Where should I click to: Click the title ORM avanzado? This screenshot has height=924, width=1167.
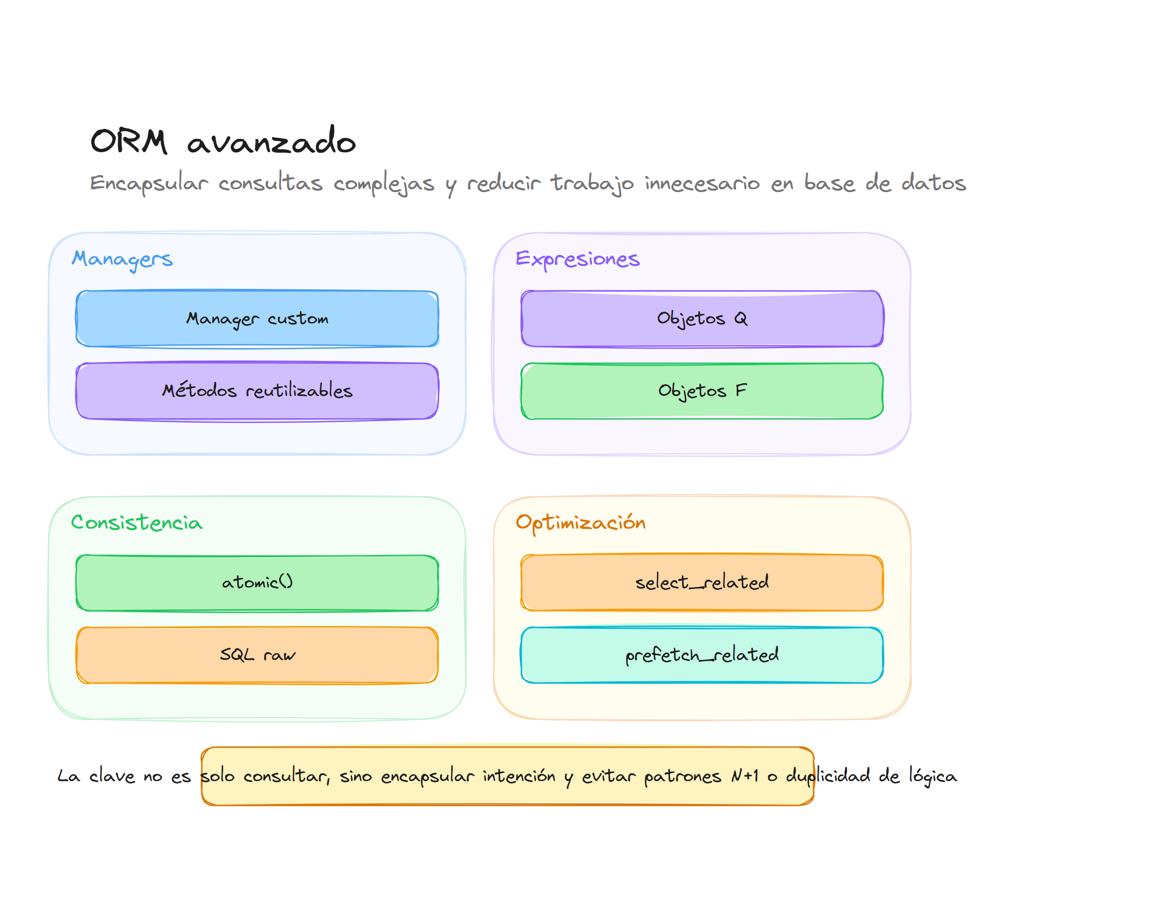222,141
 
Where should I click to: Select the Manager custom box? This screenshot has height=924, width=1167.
257,319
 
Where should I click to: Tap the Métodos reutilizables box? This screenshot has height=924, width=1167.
257,391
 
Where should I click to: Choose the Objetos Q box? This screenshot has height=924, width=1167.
701,319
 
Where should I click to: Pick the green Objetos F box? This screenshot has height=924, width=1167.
701,391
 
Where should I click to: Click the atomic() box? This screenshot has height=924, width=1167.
257,583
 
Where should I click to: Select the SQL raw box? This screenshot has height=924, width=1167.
257,655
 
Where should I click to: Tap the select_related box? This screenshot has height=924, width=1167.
701,583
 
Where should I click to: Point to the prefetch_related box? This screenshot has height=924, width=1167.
701,655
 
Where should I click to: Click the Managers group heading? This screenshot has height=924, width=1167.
122,259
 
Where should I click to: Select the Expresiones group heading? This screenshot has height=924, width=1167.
577,259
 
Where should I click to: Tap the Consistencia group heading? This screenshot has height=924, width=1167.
136,523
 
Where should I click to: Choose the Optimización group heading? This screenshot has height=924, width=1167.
580,523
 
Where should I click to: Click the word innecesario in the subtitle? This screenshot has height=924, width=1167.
701,183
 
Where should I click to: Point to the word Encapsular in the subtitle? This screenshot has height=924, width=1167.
149,183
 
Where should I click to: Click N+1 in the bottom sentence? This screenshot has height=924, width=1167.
744,776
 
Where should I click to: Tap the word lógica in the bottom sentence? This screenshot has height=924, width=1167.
932,776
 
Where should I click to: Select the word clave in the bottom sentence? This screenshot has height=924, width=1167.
112,776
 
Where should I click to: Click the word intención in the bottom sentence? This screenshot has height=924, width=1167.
519,776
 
